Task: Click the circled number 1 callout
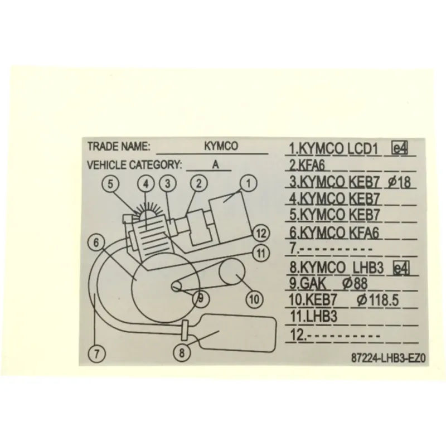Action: (x=249, y=183)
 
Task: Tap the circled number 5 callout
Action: (x=110, y=184)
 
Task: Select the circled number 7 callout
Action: (x=96, y=354)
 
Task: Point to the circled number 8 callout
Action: (x=182, y=353)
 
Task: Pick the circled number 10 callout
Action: (x=254, y=299)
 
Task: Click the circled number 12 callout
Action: (x=261, y=233)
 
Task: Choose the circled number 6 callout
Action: (x=96, y=243)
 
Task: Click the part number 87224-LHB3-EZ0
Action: (x=388, y=358)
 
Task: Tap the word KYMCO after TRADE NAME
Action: (x=221, y=146)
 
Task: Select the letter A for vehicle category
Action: (x=216, y=164)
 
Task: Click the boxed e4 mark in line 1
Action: (x=400, y=148)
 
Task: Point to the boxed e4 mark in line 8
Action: (x=401, y=268)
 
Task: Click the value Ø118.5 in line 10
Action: (x=378, y=300)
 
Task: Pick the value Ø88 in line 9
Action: (x=355, y=283)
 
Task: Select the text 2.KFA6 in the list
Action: (x=307, y=165)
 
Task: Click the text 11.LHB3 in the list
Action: (x=313, y=316)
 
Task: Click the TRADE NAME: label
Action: (x=119, y=146)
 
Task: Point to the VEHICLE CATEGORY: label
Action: (x=134, y=164)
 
